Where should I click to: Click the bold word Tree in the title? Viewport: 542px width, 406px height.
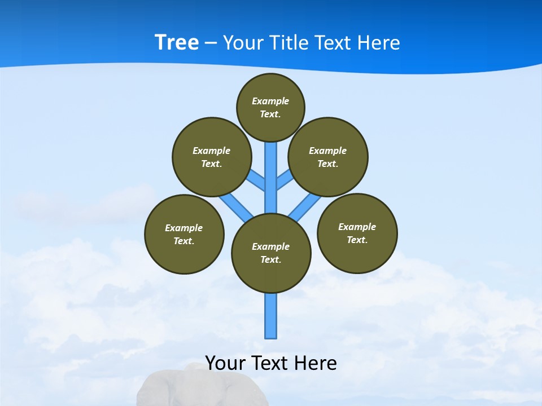pos(177,43)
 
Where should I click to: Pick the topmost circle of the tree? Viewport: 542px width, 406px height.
pos(270,107)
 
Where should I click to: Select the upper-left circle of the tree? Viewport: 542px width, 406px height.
pos(211,157)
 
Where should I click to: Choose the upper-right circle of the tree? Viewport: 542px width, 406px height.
pos(328,157)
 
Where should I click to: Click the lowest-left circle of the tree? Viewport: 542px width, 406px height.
pos(184,234)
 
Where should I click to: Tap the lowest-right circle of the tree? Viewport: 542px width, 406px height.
pos(357,233)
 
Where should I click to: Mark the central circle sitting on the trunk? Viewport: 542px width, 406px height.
pos(271,253)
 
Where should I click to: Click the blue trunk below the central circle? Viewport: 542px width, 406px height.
pos(271,316)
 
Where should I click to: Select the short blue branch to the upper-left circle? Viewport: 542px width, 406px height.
pos(257,180)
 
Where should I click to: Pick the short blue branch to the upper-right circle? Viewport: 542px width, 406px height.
pos(285,179)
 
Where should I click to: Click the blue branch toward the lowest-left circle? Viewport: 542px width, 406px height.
pos(236,206)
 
